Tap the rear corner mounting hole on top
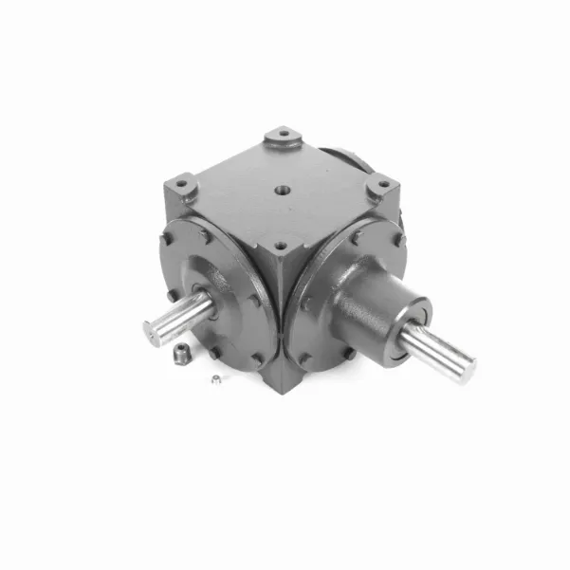(x=282, y=135)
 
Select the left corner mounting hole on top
(x=183, y=180)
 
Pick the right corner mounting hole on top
(x=381, y=183)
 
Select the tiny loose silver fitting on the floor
(x=217, y=381)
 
